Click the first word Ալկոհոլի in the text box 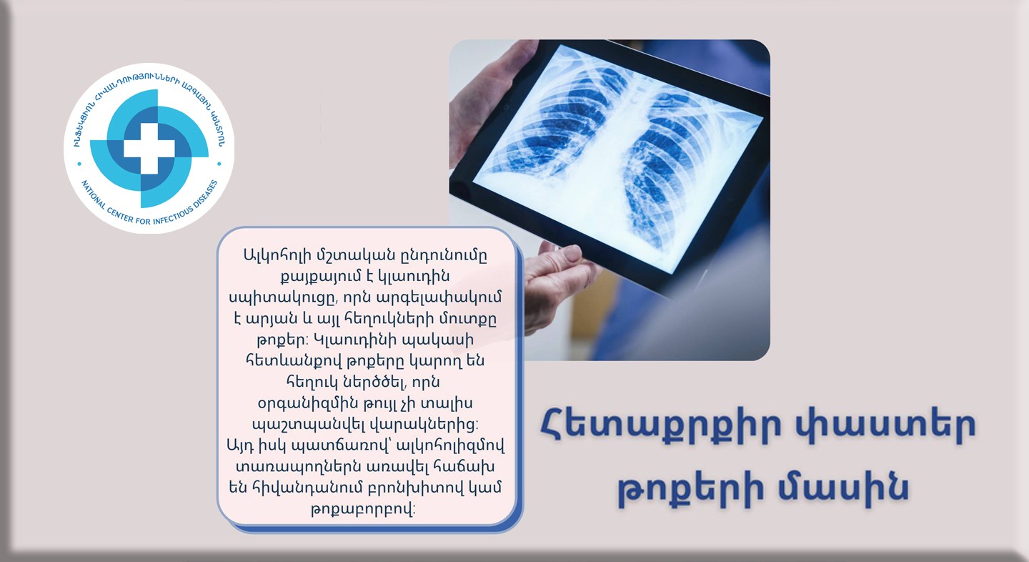click(x=275, y=255)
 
